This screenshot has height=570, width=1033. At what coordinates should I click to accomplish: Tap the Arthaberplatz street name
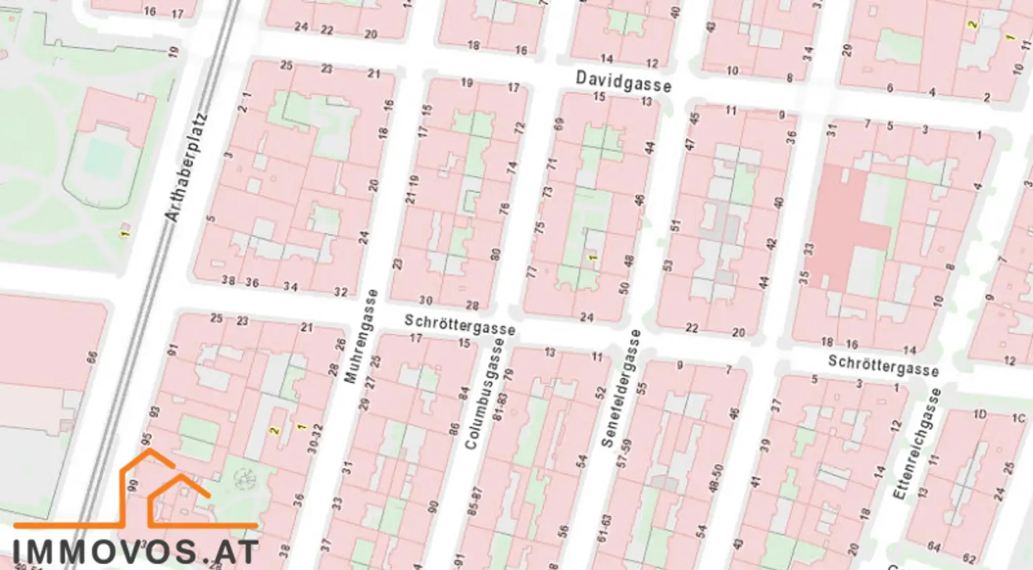186,168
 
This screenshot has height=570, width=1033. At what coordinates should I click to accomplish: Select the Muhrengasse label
360,336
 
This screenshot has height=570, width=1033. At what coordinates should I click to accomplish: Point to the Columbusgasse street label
484,394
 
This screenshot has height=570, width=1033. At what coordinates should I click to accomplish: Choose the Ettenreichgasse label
915,443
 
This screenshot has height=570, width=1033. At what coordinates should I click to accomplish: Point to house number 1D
980,415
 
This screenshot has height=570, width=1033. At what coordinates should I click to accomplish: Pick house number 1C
1019,419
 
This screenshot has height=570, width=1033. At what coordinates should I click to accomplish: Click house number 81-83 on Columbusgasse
498,406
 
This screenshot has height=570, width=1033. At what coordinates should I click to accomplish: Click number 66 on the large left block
92,357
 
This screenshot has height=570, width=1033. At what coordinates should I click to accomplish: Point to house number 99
133,485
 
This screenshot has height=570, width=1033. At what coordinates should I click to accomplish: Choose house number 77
532,272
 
